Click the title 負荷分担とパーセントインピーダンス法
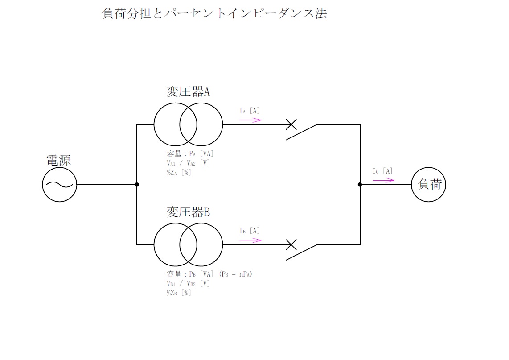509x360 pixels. click(x=214, y=14)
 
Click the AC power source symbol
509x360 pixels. click(x=59, y=185)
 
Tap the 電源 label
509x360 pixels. click(x=58, y=161)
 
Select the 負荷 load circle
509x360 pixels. click(x=428, y=185)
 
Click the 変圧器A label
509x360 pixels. click(x=188, y=92)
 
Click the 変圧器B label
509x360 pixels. click(x=188, y=212)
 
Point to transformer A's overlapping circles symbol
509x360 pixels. click(x=188, y=124)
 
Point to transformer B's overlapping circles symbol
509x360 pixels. click(x=188, y=244)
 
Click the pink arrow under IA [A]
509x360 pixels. click(x=250, y=120)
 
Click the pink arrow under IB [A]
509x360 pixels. click(x=250, y=240)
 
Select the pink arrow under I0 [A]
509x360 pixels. click(x=383, y=180)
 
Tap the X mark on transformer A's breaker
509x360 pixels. click(x=291, y=124)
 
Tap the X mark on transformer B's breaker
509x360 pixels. click(x=291, y=244)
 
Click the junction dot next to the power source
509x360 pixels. click(x=137, y=185)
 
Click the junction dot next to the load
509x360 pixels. click(x=360, y=185)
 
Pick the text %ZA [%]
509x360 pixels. click(x=179, y=173)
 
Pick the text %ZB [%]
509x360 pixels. click(x=179, y=293)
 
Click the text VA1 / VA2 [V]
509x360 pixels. click(x=188, y=163)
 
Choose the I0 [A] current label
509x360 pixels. click(x=382, y=171)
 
